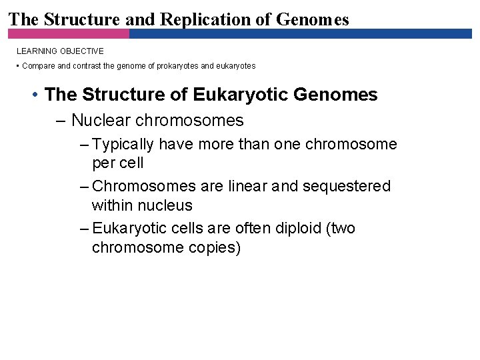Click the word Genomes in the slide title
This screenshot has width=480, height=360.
313,19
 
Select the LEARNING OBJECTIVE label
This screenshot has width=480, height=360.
60,51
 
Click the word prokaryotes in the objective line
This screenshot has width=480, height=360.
176,66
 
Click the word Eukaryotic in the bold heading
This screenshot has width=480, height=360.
240,95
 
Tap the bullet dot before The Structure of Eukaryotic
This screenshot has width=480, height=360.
34,95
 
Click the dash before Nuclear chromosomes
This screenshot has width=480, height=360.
61,121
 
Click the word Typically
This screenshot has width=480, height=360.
123,144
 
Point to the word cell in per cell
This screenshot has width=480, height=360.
131,163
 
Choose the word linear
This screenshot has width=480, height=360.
250,186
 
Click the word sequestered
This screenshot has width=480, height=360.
347,186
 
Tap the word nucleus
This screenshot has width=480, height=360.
168,205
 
